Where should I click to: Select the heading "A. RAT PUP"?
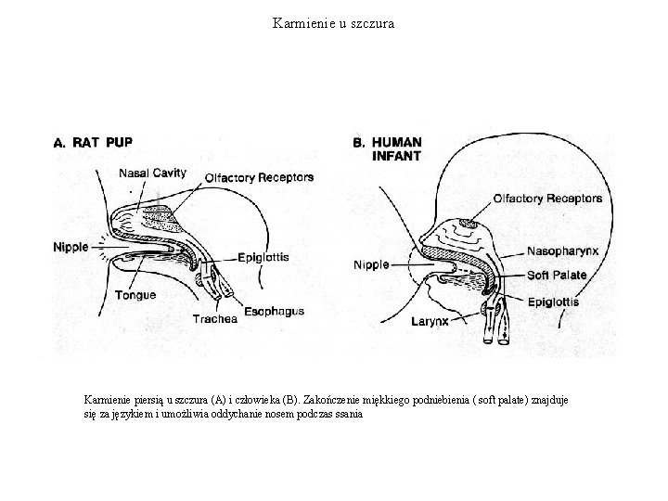coord(93,143)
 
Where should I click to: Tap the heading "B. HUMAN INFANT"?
coord(389,149)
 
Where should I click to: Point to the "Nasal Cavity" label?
coord(152,173)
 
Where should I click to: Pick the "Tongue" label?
coord(135,295)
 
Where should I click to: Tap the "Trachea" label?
coord(215,318)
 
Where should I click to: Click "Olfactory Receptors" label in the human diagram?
coord(547,199)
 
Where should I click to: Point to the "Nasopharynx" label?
coord(563,251)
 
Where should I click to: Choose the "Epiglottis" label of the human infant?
coord(553,302)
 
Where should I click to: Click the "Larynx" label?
coord(431,322)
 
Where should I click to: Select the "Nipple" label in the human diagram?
coord(372,265)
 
